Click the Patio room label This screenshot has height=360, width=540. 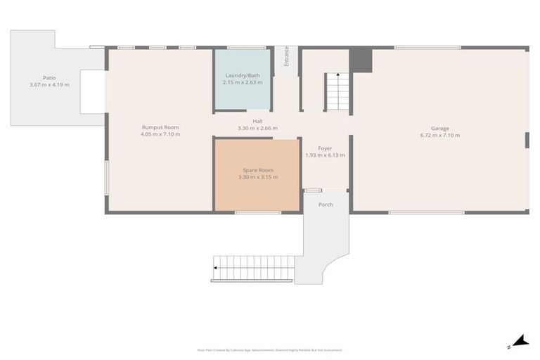click(49, 77)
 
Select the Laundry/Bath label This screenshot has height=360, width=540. click(243, 75)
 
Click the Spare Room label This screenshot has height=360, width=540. click(258, 170)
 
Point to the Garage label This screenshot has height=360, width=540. click(440, 128)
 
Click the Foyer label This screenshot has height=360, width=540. click(325, 148)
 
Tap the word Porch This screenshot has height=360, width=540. click(326, 205)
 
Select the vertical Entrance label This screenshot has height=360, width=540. click(286, 57)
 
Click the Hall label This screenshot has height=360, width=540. click(257, 121)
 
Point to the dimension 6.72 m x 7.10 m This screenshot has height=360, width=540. click(440, 135)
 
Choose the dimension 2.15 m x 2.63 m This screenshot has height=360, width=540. click(243, 82)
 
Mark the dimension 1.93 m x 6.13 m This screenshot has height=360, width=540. click(325, 155)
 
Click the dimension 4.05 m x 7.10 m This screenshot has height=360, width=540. click(160, 134)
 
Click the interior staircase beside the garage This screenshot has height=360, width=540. click(337, 91)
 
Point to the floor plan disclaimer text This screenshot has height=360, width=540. click(270, 349)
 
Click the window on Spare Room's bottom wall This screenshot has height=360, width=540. click(257, 212)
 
